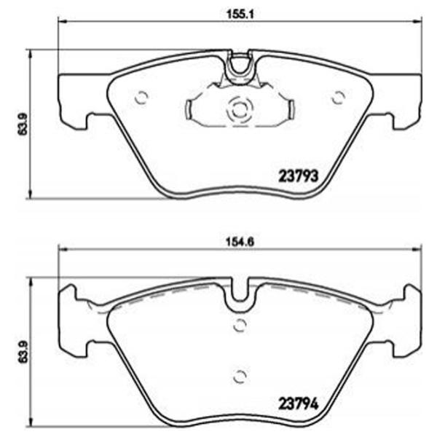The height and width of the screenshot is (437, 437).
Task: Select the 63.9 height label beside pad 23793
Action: (23, 124)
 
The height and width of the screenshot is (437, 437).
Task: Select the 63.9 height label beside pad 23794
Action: (23, 352)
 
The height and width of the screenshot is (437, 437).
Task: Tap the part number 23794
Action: (299, 401)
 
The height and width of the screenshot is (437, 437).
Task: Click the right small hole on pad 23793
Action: (337, 95)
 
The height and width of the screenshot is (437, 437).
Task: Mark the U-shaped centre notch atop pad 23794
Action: (239, 294)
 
